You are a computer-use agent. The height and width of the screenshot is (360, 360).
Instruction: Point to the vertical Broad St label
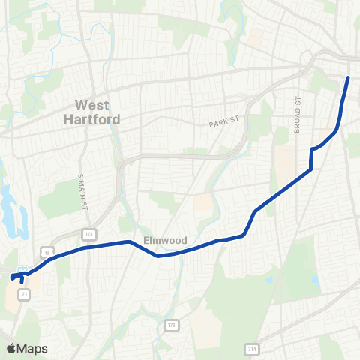(x=298, y=115)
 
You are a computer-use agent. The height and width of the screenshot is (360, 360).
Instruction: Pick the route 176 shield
(x=171, y=324)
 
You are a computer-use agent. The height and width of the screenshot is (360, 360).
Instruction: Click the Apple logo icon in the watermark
(x=11, y=348)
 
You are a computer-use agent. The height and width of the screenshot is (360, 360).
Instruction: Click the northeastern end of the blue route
(x=348, y=78)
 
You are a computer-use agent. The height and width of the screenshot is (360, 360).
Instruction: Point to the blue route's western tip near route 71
(x=12, y=278)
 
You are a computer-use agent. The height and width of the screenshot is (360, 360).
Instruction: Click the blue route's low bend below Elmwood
(x=158, y=255)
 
